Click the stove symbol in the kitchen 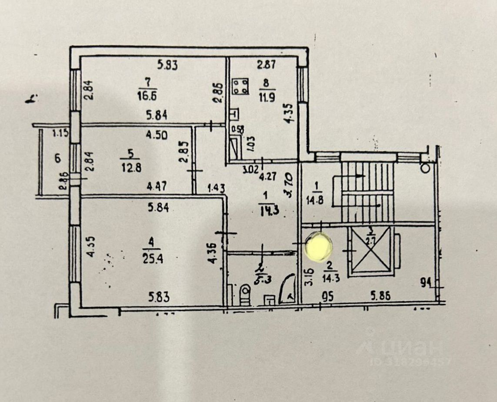[240, 85]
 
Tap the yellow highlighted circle [320, 247]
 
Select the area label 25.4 [149, 260]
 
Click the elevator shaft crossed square [371, 251]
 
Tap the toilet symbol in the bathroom [245, 292]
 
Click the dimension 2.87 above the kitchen [266, 66]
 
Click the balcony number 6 [57, 158]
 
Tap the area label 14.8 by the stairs [316, 201]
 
